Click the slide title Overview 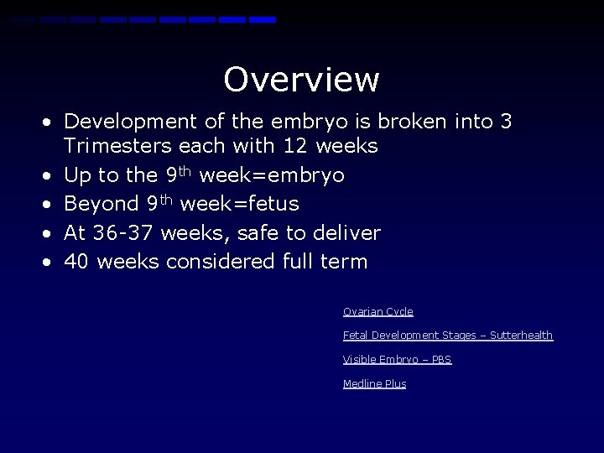[x=301, y=80]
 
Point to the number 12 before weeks [x=294, y=146]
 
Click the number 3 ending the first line [x=506, y=122]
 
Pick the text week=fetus [x=239, y=204]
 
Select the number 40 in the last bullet [x=77, y=261]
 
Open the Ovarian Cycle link [x=377, y=311]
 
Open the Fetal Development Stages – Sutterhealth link [x=447, y=335]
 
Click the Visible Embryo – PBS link [x=397, y=359]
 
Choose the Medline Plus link [x=374, y=383]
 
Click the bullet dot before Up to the [x=49, y=176]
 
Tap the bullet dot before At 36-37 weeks [x=49, y=233]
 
